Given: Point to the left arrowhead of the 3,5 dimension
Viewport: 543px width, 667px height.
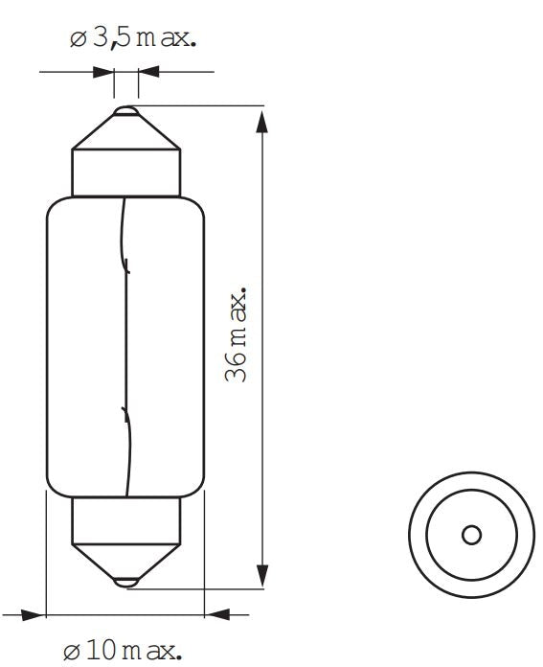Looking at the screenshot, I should (x=102, y=71).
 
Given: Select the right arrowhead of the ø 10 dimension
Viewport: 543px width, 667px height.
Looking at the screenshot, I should (x=218, y=614).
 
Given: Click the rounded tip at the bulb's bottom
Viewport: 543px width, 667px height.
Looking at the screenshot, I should (x=125, y=581).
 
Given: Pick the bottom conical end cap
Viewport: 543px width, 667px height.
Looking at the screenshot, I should (x=125, y=560).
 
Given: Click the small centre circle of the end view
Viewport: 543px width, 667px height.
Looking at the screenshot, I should (x=471, y=535).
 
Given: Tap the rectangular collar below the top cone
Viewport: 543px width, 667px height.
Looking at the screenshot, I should (x=125, y=172).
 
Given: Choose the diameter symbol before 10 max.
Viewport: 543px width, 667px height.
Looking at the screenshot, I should (x=73, y=652).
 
